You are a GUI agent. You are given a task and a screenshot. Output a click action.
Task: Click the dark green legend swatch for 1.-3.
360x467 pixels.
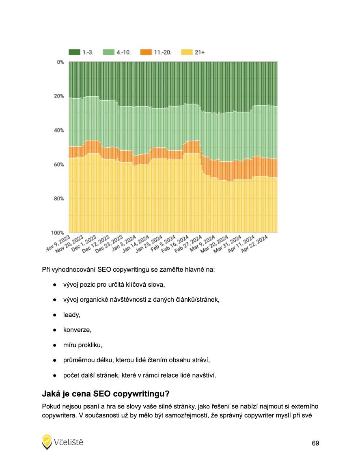point(75,52)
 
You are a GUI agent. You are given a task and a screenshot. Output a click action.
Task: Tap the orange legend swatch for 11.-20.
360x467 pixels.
point(146,52)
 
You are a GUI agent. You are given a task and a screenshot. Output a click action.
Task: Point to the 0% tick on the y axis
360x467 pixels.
point(60,62)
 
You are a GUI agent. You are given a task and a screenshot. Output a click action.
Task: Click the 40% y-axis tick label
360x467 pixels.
point(59,130)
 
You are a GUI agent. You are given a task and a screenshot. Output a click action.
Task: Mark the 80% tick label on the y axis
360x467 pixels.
point(59,199)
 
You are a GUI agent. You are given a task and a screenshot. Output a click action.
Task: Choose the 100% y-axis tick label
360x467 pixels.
point(58,233)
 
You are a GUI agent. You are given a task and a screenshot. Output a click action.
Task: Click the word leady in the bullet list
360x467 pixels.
point(71,314)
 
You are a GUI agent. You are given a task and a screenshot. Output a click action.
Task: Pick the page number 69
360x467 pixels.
point(315,443)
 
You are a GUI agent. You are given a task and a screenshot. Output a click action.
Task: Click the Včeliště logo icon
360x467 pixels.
point(47,442)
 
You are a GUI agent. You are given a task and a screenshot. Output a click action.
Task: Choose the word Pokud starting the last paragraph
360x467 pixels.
point(50,406)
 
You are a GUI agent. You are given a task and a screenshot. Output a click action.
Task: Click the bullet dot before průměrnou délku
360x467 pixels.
point(54,360)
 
